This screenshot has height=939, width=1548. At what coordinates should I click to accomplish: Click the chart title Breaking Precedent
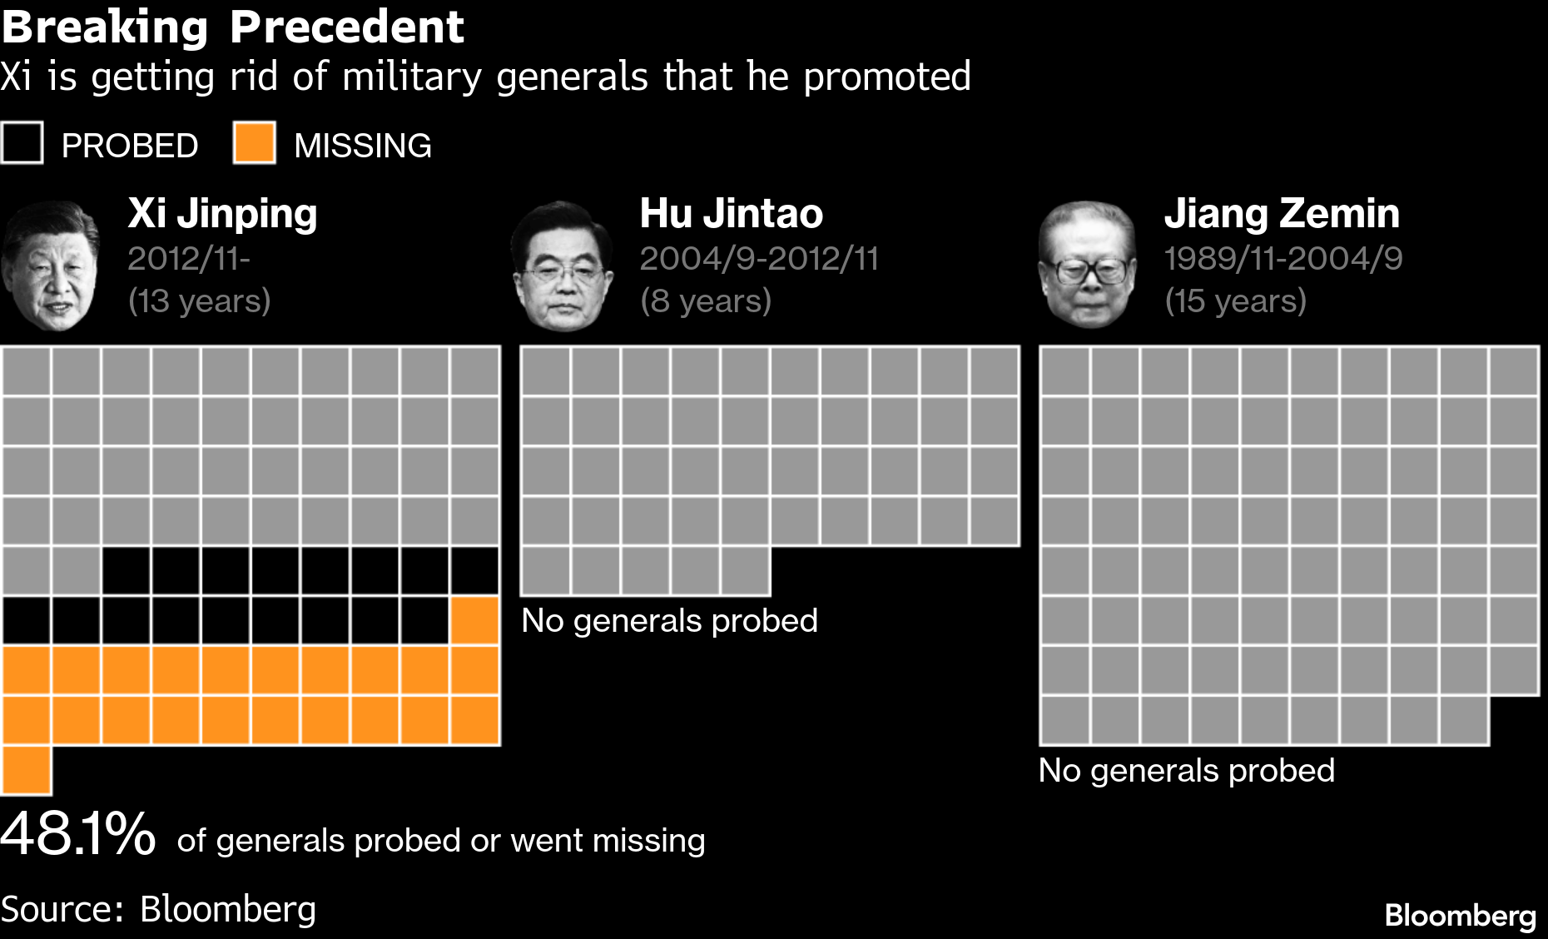coord(232,27)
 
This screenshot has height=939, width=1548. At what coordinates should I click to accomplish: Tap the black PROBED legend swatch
coord(22,143)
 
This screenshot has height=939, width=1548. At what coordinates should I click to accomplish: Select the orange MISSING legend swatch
coord(254,143)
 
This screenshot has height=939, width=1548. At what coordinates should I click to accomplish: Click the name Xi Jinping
coord(222,213)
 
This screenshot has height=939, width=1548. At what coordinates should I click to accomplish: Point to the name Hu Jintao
coord(731,213)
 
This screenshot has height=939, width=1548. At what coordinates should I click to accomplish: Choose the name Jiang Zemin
coord(1282,213)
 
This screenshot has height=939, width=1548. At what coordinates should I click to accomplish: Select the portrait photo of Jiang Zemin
coord(1087,265)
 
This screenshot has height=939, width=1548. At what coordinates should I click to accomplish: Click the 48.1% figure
coord(77,834)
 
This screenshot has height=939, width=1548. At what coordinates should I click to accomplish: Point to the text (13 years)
coord(199,301)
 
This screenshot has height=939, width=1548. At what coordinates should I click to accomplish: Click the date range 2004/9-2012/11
coord(759,258)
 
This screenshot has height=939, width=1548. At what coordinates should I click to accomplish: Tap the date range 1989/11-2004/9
coord(1283,258)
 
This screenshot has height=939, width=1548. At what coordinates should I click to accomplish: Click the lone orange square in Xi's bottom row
coord(27,770)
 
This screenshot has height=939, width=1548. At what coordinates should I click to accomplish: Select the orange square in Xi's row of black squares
coord(475,620)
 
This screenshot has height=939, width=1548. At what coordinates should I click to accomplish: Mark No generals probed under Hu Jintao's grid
coord(669,621)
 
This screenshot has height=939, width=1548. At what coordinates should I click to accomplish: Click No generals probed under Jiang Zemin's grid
coord(1186,771)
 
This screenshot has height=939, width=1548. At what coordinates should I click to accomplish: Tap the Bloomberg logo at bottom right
coord(1460,916)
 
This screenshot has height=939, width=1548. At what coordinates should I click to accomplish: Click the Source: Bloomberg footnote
coord(158,909)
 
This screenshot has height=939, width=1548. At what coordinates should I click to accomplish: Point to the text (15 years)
coord(1235,301)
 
